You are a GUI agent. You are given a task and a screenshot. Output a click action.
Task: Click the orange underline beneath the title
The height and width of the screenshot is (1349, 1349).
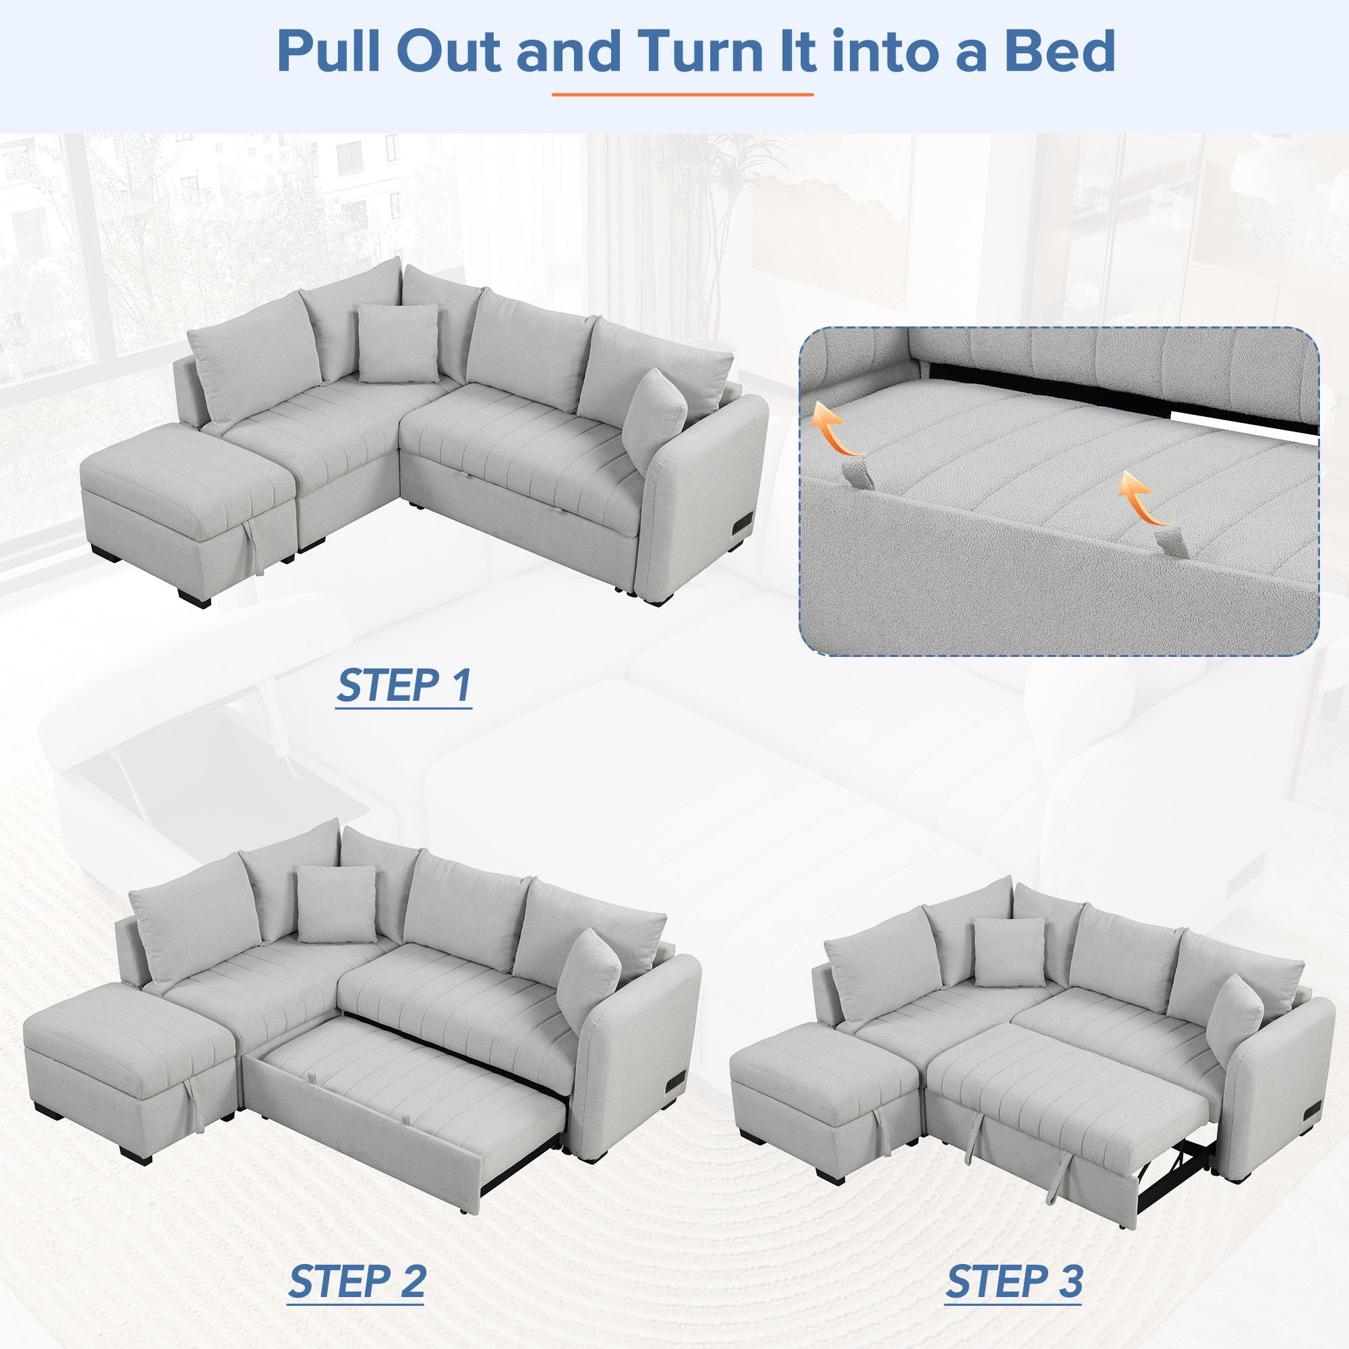682,94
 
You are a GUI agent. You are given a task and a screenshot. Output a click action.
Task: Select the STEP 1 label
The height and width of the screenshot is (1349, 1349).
403,686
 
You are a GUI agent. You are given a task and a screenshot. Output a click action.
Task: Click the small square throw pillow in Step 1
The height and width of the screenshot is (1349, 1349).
398,343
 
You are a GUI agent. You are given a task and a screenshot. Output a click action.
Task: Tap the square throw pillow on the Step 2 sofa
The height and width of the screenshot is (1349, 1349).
336,904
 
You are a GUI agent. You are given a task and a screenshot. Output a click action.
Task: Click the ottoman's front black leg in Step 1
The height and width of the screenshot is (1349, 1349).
194,599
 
